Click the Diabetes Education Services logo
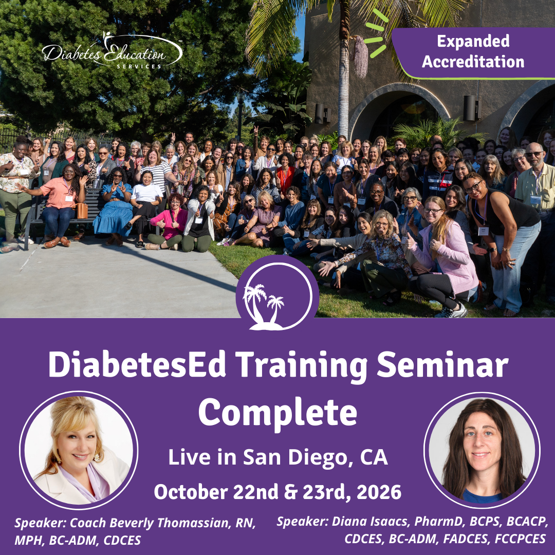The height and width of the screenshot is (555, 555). tap(112, 51)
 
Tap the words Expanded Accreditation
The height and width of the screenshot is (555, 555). tap(473, 52)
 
